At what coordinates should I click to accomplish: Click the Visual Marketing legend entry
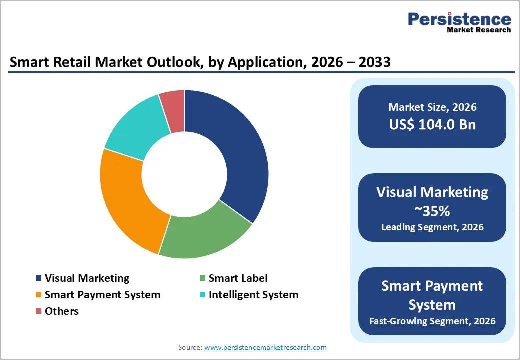87,278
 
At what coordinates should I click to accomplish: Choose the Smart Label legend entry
238,278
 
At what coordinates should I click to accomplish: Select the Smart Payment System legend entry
102,295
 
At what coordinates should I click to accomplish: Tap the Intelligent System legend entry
253,295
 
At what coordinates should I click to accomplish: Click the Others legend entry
61,311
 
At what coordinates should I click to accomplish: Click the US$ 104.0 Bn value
432,124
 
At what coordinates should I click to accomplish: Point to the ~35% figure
432,211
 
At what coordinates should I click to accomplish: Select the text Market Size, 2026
432,107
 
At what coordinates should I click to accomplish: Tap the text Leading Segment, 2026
432,227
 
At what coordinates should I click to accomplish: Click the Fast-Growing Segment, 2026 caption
432,321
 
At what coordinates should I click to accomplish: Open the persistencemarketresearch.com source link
265,347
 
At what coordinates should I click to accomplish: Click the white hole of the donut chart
184,174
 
